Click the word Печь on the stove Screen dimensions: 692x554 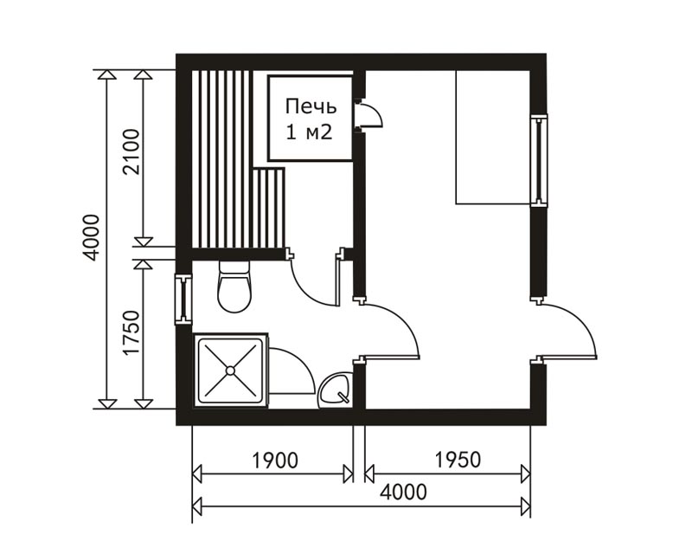pyautogui.click(x=311, y=107)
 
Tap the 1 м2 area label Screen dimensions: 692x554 pyautogui.click(x=309, y=132)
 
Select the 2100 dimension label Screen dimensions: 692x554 pyautogui.click(x=132, y=152)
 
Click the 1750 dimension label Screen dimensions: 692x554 pyautogui.click(x=132, y=333)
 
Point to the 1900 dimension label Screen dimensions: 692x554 pyautogui.click(x=275, y=461)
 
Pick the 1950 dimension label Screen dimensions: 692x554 pyautogui.click(x=458, y=460)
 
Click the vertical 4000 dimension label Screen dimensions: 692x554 pyautogui.click(x=93, y=237)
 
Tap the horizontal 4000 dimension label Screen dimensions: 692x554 pyautogui.click(x=403, y=492)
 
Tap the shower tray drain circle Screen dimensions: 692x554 pyautogui.click(x=230, y=370)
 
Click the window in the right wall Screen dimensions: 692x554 pyautogui.click(x=538, y=160)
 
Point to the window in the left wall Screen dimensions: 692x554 pyautogui.click(x=183, y=300)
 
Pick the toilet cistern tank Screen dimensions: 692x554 pyautogui.click(x=234, y=267)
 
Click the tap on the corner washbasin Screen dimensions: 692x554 pyautogui.click(x=343, y=396)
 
